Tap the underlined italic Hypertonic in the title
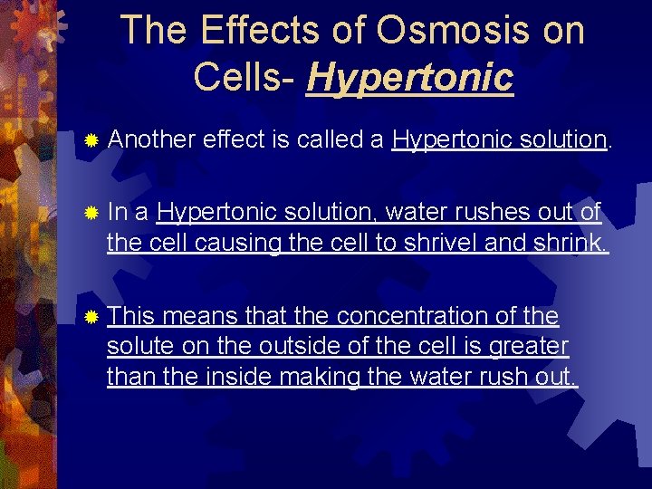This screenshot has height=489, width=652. tap(410, 77)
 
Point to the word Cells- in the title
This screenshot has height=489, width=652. tap(244, 77)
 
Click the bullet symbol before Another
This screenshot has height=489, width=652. tap(90, 140)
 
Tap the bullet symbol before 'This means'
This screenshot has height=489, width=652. tap(90, 318)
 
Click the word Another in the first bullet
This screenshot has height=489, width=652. tap(151, 139)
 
